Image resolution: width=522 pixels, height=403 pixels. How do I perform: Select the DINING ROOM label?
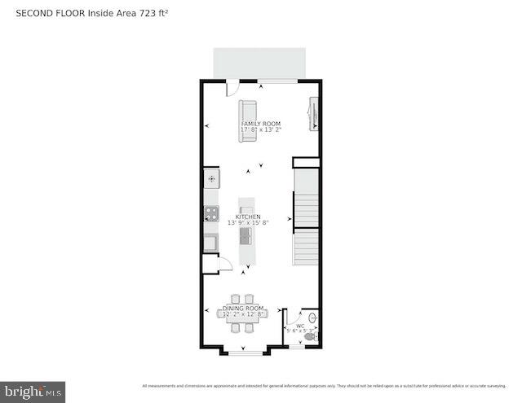click(244, 309)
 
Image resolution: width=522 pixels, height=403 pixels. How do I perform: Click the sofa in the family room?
click(247, 120)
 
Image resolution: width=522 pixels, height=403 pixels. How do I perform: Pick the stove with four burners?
click(211, 214)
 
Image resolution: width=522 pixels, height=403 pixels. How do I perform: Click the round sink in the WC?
click(314, 318)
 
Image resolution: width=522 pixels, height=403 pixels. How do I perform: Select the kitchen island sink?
click(245, 236)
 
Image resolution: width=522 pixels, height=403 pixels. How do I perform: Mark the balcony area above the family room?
click(259, 62)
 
